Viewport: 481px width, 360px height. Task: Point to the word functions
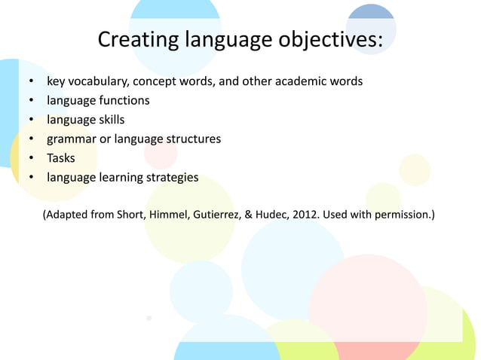[122, 100]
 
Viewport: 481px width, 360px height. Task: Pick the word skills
[109, 120]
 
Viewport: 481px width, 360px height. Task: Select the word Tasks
[60, 158]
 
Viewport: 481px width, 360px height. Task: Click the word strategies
[170, 178]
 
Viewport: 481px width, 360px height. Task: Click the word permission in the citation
[402, 215]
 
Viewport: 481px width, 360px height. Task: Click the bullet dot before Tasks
[31, 159]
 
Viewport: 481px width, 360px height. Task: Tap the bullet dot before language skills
[31, 121]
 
